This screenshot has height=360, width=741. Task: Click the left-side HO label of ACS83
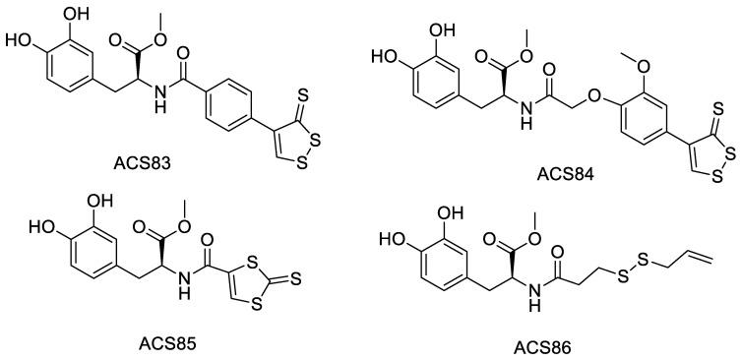[17, 42]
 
